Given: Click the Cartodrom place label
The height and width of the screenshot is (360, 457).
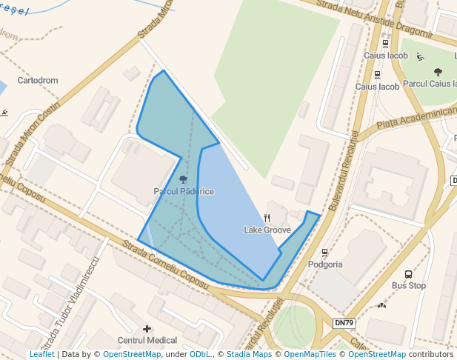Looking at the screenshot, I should (38, 80).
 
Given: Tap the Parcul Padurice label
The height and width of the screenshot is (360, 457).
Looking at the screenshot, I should (184, 191).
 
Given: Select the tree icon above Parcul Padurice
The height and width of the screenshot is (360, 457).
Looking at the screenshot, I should (184, 179).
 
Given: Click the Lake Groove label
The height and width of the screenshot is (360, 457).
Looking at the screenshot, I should (267, 230).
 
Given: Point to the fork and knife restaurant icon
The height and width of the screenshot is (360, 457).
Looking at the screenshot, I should (267, 218).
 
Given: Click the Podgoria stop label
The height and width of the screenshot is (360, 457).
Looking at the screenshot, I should (325, 264).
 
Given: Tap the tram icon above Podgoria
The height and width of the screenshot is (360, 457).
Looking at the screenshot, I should (325, 253).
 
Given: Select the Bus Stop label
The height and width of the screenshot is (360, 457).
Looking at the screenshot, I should (409, 285).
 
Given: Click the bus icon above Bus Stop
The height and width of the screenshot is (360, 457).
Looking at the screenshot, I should (409, 273).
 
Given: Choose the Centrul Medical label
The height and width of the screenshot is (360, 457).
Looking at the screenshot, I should (147, 340).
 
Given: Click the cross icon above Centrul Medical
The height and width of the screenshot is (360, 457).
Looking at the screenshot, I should (147, 328).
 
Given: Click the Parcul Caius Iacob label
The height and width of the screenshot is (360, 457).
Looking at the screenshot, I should (430, 84).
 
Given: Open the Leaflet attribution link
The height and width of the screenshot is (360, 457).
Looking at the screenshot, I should (41, 355).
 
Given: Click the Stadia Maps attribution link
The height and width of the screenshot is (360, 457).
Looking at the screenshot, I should (249, 355).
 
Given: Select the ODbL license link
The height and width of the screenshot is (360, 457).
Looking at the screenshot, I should (200, 355).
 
